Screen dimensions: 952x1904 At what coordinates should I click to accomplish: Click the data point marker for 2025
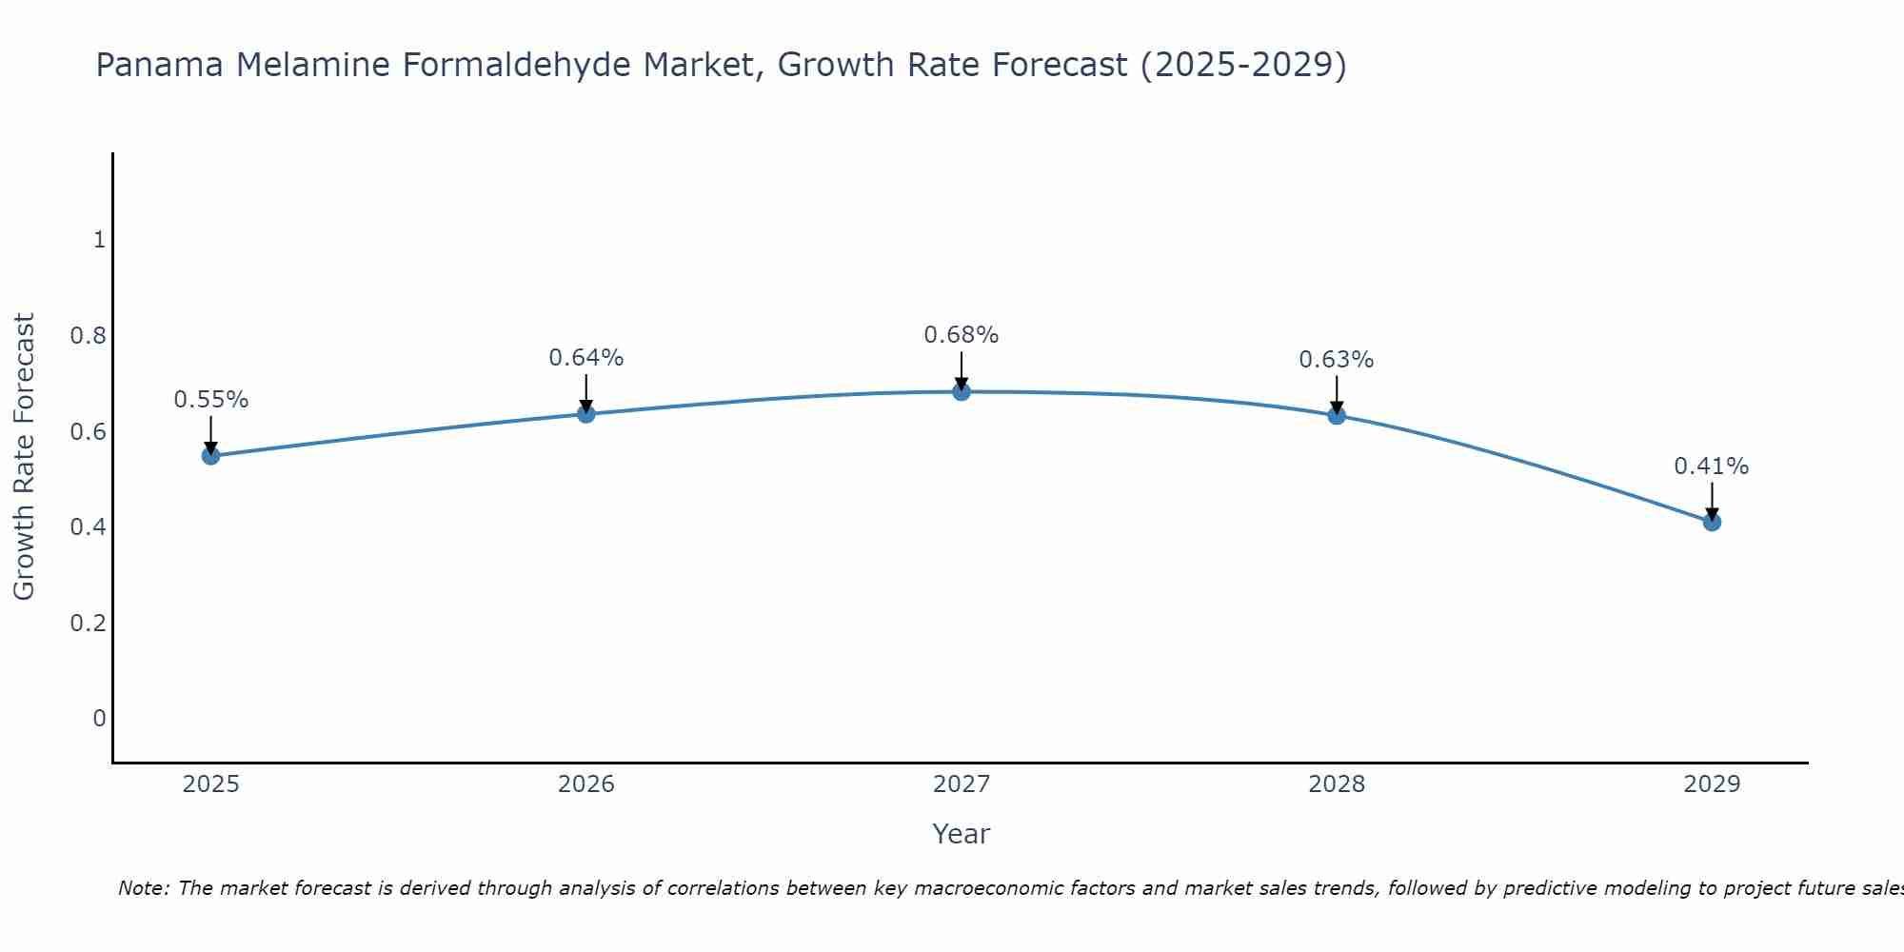pyautogui.click(x=210, y=456)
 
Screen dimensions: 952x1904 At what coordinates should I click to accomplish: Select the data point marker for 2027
pyautogui.click(x=962, y=391)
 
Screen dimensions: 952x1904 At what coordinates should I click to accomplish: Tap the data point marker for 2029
pyautogui.click(x=1712, y=522)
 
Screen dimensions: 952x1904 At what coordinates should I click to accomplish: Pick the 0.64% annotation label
pyautogui.click(x=585, y=358)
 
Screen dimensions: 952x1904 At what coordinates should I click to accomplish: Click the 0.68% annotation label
pyautogui.click(x=962, y=335)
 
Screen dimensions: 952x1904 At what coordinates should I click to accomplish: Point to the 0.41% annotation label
pyautogui.click(x=1712, y=466)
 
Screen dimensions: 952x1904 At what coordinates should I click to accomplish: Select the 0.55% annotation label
pyautogui.click(x=210, y=400)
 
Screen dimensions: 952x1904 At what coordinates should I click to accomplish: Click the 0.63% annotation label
pyautogui.click(x=1337, y=360)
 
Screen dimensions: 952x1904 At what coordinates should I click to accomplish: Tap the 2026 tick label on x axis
pyautogui.click(x=585, y=784)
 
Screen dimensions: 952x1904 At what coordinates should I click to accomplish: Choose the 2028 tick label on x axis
pyautogui.click(x=1337, y=784)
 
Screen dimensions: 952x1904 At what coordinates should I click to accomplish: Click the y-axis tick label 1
pyautogui.click(x=99, y=240)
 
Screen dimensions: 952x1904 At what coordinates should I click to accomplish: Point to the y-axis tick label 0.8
pyautogui.click(x=88, y=336)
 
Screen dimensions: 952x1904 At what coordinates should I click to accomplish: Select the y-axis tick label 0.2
pyautogui.click(x=88, y=623)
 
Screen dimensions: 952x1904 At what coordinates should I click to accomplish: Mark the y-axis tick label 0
pyautogui.click(x=99, y=718)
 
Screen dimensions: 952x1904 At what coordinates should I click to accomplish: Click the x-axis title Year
pyautogui.click(x=962, y=834)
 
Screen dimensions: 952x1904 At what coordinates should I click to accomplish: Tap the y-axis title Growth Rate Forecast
pyautogui.click(x=24, y=457)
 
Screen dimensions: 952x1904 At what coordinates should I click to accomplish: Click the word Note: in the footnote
pyautogui.click(x=144, y=888)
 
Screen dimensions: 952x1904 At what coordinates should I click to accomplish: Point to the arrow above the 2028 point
pyautogui.click(x=1337, y=394)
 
